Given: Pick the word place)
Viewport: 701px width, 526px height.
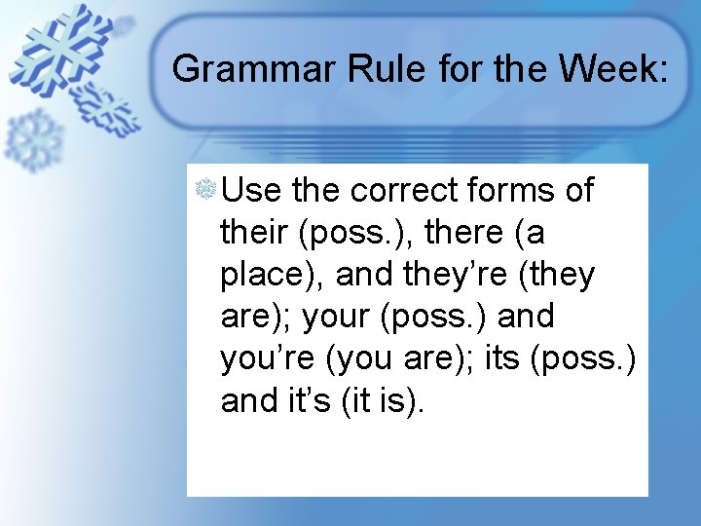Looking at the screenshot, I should point(273,276).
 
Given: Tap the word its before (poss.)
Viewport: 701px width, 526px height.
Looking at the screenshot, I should point(502,359).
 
